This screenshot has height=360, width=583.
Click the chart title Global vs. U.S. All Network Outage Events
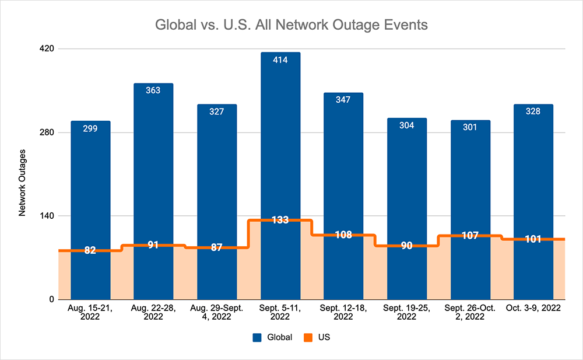tap(291, 25)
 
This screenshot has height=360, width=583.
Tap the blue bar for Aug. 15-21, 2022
tap(90, 187)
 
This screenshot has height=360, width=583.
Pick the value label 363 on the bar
tap(153, 90)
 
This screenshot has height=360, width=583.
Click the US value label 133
tap(280, 220)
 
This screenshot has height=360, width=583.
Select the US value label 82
tap(90, 250)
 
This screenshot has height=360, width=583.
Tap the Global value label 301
tap(470, 127)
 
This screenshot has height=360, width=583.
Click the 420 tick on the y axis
tap(47, 48)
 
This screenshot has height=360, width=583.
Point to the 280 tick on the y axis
tap(47, 132)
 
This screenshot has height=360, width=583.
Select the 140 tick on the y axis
tap(47, 216)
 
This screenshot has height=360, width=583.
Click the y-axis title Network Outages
tap(22, 183)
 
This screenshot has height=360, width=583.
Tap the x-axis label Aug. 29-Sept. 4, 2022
tap(217, 313)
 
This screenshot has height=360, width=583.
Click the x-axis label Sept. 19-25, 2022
tap(407, 313)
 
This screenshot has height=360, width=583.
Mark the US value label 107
tap(470, 236)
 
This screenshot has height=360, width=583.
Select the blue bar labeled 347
tap(343, 163)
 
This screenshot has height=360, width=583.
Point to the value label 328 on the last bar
tap(533, 111)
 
